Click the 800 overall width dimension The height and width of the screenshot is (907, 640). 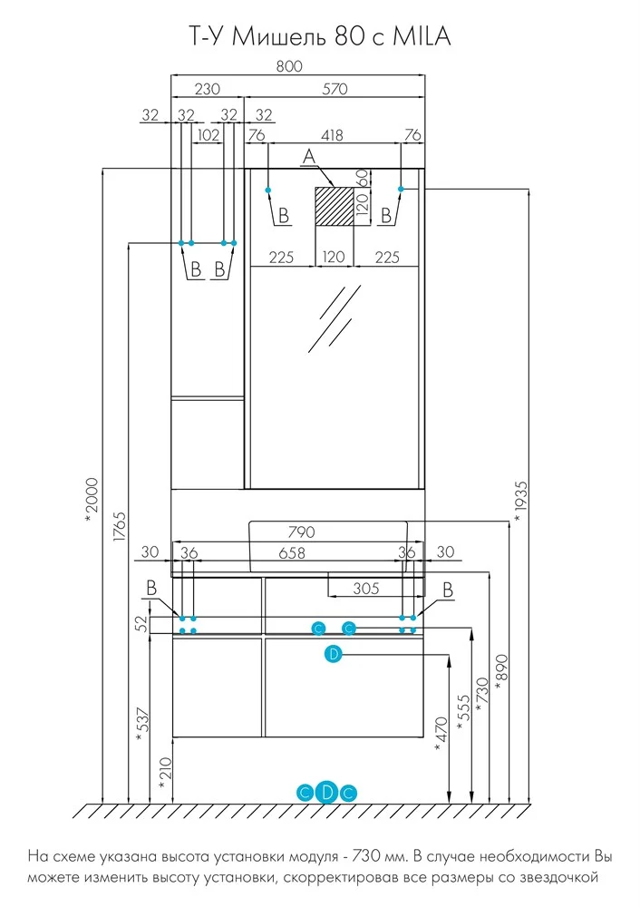tap(289, 66)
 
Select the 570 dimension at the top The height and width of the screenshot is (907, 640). tap(335, 89)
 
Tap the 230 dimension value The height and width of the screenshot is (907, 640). tap(208, 89)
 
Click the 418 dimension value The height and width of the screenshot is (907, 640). tap(332, 135)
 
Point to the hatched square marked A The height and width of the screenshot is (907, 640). tap(334, 206)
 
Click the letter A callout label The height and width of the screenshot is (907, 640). tap(309, 156)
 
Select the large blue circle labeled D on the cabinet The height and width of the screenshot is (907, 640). tap(334, 654)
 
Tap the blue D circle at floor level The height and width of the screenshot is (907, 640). tap(327, 792)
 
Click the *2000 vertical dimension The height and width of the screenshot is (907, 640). tap(92, 501)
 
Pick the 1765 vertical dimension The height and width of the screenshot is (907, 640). tap(120, 526)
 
